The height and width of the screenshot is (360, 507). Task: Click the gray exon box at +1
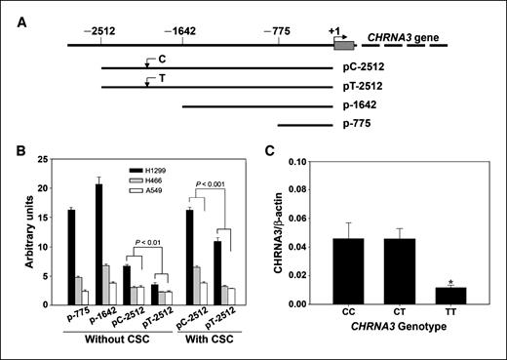tap(343, 44)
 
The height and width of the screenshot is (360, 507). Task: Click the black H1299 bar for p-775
tap(71, 250)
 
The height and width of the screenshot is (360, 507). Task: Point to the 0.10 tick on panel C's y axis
tap(302, 161)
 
